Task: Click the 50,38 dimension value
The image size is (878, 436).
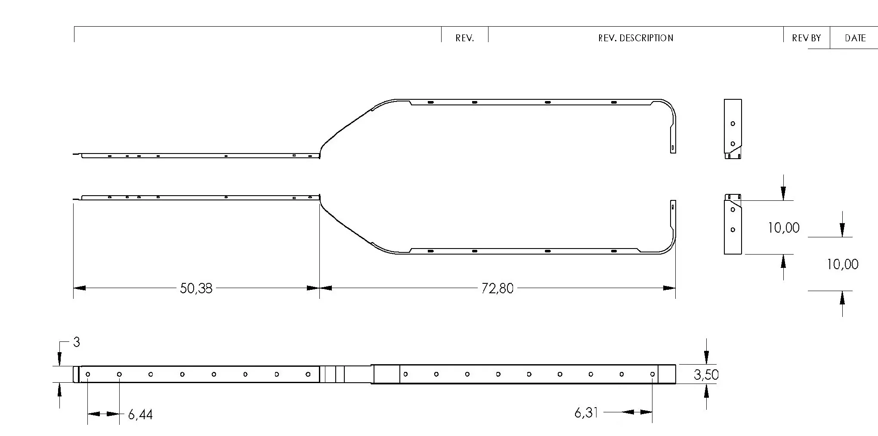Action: (x=196, y=288)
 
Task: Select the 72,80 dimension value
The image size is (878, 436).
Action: (x=498, y=288)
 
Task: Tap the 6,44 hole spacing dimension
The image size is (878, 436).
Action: (x=140, y=415)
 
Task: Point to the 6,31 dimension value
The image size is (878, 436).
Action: (x=586, y=413)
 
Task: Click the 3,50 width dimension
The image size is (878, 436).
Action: (x=706, y=375)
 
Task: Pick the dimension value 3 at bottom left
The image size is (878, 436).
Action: (x=77, y=342)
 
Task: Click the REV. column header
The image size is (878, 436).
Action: (x=465, y=38)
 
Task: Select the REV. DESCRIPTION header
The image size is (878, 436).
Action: (x=636, y=38)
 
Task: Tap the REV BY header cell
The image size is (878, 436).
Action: (x=807, y=38)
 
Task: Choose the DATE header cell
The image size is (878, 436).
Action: (x=855, y=38)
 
